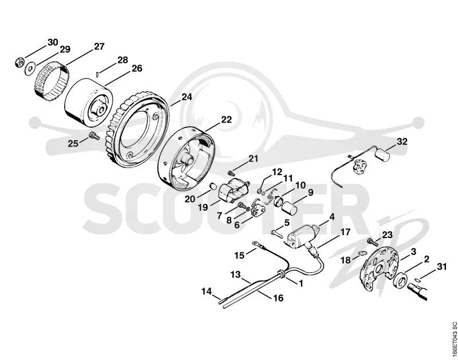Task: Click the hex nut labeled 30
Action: pyautogui.click(x=19, y=63)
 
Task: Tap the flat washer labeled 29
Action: pyautogui.click(x=30, y=69)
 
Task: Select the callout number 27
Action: pyautogui.click(x=99, y=46)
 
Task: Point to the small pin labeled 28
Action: pyautogui.click(x=97, y=74)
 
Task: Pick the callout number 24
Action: pyautogui.click(x=187, y=97)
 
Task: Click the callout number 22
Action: pyautogui.click(x=226, y=120)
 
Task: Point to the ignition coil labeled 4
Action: pyautogui.click(x=302, y=236)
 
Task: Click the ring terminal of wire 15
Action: pyautogui.click(x=256, y=243)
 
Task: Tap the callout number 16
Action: pyautogui.click(x=278, y=298)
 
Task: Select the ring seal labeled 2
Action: pyautogui.click(x=400, y=279)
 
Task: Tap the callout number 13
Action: pyautogui.click(x=235, y=275)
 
